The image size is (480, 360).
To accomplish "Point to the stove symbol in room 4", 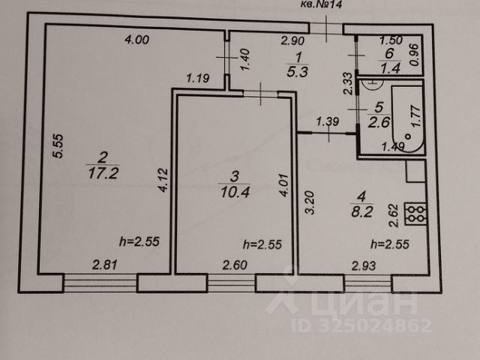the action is pyautogui.click(x=415, y=214).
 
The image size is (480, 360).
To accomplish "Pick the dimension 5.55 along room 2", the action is pyautogui.click(x=52, y=145).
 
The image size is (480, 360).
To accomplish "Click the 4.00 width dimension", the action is pyautogui.click(x=136, y=40).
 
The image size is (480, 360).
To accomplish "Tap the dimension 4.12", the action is pyautogui.click(x=163, y=180).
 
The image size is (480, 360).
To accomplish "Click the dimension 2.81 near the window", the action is pyautogui.click(x=105, y=264).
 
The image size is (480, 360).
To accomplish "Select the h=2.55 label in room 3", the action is pyautogui.click(x=262, y=244).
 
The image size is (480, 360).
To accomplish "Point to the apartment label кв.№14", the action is pyautogui.click(x=314, y=5).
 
